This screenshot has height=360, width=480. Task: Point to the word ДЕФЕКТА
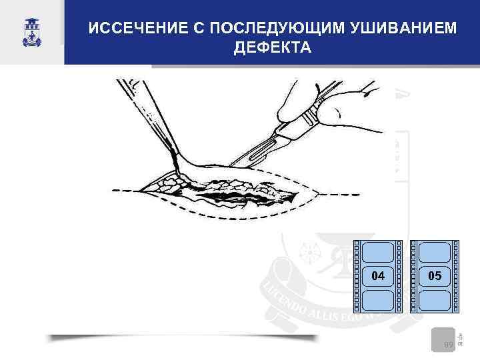coord(272,49)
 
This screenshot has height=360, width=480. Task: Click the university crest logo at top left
coord(31,33)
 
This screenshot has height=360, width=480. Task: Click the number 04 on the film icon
coord(378,275)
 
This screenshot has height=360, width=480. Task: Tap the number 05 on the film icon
coord(435,275)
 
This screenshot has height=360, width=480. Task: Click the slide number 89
coord(449,345)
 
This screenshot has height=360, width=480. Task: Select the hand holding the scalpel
coord(333,100)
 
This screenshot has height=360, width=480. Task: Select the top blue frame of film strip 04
coord(378,252)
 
